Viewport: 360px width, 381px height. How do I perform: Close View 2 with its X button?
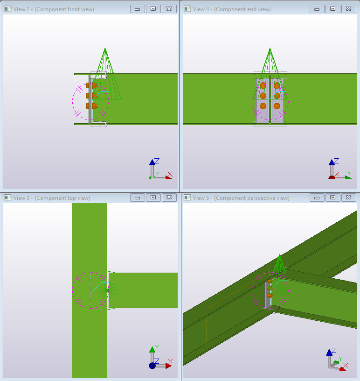169,9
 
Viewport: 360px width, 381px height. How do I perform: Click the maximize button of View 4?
332,9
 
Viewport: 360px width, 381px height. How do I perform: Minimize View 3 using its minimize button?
138,198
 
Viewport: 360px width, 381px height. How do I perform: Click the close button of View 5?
349,198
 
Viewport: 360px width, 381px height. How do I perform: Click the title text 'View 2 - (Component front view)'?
54,9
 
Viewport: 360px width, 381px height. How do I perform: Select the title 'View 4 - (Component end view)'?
232,9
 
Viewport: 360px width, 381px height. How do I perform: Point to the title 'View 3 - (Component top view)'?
52,198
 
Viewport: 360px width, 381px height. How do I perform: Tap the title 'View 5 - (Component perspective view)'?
241,198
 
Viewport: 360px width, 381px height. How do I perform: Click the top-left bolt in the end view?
263,85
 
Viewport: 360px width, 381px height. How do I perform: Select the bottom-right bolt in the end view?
277,106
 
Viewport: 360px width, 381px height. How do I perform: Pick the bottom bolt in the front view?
92,106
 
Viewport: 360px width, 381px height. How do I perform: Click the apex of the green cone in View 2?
105,48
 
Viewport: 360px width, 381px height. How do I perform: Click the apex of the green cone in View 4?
270,48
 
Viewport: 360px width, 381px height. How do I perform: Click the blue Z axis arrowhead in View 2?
152,162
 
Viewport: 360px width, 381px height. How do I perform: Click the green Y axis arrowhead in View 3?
152,350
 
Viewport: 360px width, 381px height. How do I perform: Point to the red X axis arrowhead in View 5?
343,369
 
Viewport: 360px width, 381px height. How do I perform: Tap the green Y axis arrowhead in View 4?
348,177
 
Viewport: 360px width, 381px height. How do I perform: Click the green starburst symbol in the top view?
107,290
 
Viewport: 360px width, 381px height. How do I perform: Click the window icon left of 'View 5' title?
187,198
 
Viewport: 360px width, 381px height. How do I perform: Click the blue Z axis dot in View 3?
152,366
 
